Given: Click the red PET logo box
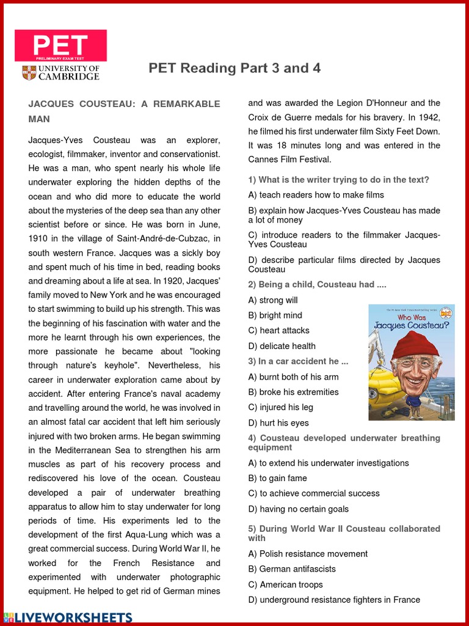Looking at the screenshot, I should pyautogui.click(x=60, y=46).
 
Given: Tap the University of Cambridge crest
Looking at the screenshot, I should pyautogui.click(x=29, y=73).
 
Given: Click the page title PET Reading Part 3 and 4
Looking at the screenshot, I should pyautogui.click(x=234, y=68).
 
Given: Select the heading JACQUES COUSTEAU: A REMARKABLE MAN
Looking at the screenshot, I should pyautogui.click(x=124, y=111).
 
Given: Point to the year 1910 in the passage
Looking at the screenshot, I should pyautogui.click(x=40, y=238).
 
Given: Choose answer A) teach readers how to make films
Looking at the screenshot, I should pyautogui.click(x=316, y=195).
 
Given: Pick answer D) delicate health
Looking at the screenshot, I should pyautogui.click(x=282, y=346).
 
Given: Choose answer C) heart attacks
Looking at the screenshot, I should pyautogui.click(x=279, y=331).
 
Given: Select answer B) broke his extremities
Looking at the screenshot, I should pyautogui.click(x=294, y=392).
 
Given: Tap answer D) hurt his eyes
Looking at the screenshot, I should pyautogui.click(x=278, y=423).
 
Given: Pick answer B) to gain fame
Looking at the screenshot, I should pyautogui.click(x=278, y=478).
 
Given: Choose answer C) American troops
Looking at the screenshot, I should pyautogui.click(x=286, y=584).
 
